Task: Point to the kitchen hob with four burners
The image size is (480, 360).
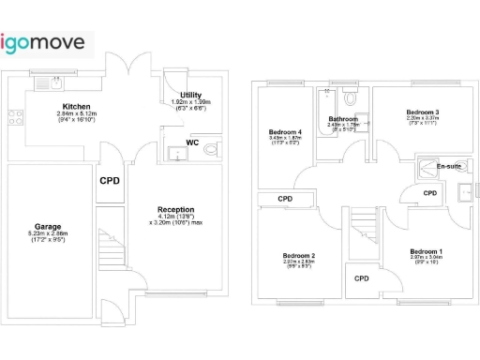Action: [15, 117]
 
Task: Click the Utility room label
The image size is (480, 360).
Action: [192, 96]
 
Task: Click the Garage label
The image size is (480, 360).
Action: [48, 227]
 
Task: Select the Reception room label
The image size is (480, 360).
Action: [175, 210]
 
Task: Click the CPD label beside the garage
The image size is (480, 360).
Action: [110, 181]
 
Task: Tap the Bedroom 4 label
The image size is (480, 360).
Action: [285, 132]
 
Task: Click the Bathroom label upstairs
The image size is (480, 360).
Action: [343, 119]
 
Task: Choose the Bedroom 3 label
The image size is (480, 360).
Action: [423, 112]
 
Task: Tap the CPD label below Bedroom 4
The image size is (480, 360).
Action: [285, 199]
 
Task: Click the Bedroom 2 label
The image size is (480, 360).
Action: [299, 255]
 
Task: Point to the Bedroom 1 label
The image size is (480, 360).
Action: [426, 251]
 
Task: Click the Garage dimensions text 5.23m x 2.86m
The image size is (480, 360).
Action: [48, 238]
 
